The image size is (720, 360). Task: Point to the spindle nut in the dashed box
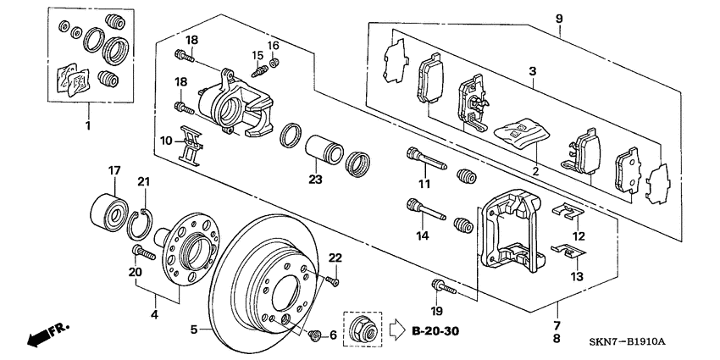(359, 324)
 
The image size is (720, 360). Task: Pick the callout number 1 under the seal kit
(87, 124)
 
